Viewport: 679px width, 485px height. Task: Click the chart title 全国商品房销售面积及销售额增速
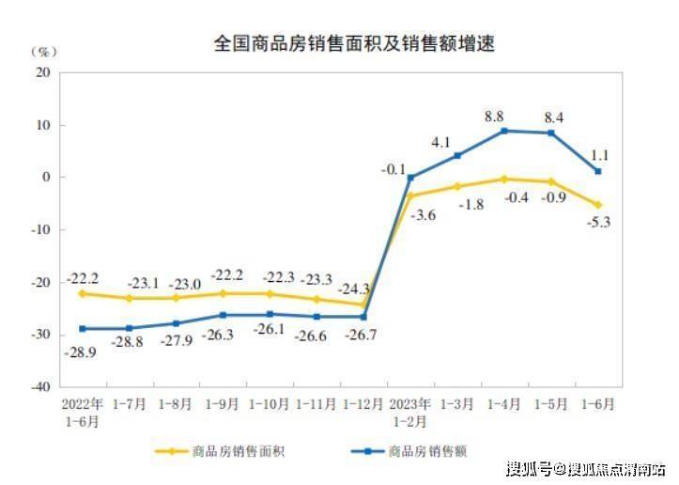tap(354, 43)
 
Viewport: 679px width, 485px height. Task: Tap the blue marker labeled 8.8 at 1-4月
tap(504, 131)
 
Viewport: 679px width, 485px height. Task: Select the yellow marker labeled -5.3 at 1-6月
tap(598, 204)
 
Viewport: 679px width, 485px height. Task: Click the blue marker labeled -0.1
tap(410, 177)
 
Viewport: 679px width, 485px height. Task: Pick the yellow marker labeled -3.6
tap(410, 196)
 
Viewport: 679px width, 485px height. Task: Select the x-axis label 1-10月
tap(270, 404)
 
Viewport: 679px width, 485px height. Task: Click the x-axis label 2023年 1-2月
tap(410, 412)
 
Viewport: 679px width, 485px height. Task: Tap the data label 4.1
tap(441, 142)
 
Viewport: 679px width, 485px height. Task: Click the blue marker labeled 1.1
tap(598, 171)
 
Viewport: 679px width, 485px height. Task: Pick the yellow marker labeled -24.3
tap(363, 304)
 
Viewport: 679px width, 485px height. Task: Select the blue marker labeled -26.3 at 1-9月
tap(223, 315)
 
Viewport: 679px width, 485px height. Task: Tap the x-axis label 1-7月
tap(129, 404)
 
